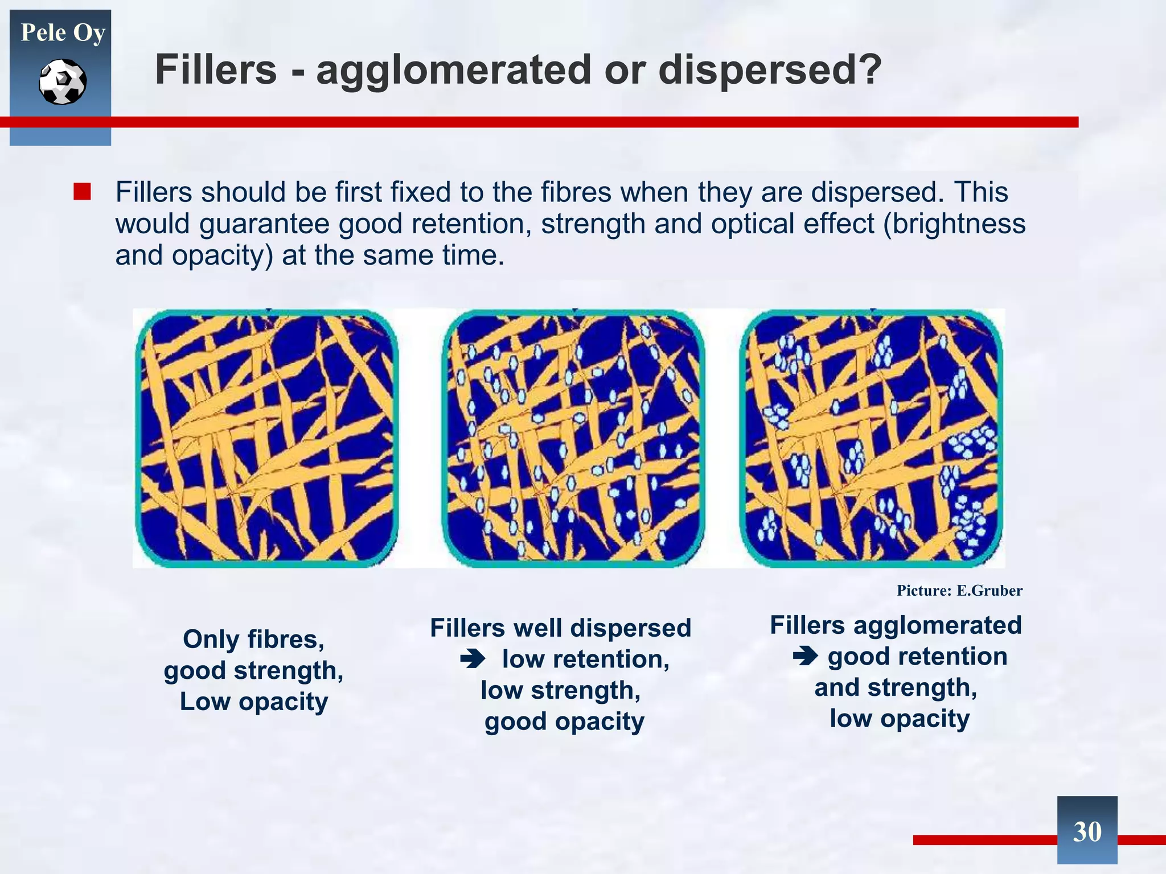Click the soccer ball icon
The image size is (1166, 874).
(63, 82)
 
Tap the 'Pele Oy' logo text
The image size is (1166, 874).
(63, 32)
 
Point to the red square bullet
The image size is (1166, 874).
(82, 192)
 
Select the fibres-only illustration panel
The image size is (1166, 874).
(266, 438)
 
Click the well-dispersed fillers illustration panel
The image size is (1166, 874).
(573, 438)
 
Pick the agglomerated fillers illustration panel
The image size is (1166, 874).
(871, 438)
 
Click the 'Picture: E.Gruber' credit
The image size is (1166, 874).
(959, 591)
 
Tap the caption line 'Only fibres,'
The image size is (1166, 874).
(253, 640)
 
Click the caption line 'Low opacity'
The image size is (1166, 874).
(254, 702)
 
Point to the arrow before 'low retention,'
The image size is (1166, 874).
(473, 659)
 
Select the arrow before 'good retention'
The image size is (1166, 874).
(805, 657)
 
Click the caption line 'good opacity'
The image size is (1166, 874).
(564, 722)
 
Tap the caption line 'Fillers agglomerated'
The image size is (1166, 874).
(896, 625)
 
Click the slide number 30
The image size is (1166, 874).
(1087, 831)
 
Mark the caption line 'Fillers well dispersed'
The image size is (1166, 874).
(560, 628)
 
